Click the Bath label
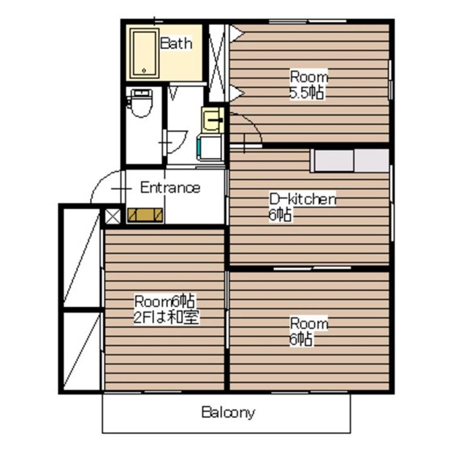click(176, 43)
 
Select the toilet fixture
click(142, 103)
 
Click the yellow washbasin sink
click(213, 120)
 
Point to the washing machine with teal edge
click(210, 147)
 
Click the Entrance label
click(170, 187)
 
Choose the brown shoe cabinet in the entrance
click(145, 215)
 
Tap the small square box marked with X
click(113, 216)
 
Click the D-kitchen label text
click(303, 199)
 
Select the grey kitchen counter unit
click(350, 160)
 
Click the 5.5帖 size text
click(306, 92)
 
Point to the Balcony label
click(228, 412)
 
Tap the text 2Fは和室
click(166, 317)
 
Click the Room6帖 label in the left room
click(164, 301)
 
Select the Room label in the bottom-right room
click(309, 323)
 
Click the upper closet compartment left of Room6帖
click(82, 258)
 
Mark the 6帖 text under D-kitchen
click(279, 215)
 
